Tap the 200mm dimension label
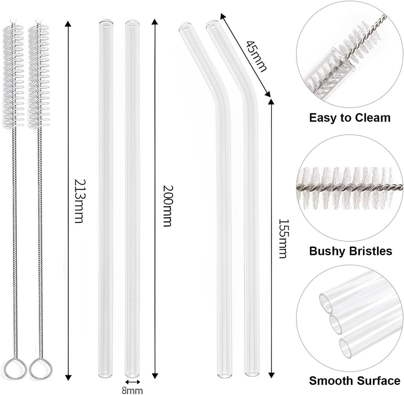167,206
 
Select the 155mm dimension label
282,239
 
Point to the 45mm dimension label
256,56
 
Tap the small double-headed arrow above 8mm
133,382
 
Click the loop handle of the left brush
15,370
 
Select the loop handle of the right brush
41,370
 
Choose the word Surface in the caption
376,381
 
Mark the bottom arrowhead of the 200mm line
155,375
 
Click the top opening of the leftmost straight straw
106,23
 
